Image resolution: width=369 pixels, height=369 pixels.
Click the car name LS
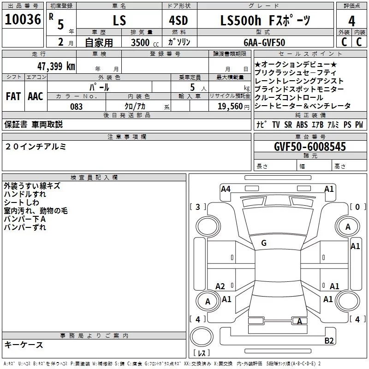[119, 22]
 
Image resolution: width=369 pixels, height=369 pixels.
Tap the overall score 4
[351, 21]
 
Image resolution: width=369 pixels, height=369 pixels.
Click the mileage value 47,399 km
[55, 66]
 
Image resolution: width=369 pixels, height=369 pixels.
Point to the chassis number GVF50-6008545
[310, 147]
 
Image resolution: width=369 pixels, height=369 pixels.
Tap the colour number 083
[77, 107]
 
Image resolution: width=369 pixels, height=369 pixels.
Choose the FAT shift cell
[13, 96]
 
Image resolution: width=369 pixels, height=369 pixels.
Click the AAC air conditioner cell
[35, 96]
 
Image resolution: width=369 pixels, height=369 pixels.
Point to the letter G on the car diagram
[264, 243]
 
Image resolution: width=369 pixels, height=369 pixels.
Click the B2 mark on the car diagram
[329, 341]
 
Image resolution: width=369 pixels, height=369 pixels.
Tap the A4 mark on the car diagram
[226, 189]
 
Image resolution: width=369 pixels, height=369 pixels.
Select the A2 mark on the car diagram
[220, 286]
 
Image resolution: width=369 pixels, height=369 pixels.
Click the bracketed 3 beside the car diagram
[198, 207]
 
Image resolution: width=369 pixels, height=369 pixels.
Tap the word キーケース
[24, 345]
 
